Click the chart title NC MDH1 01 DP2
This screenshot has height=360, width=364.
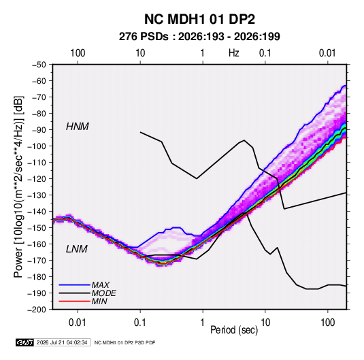199,19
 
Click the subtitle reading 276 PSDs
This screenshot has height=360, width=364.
144,37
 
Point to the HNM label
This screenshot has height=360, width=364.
78,127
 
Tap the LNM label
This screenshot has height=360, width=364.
77,249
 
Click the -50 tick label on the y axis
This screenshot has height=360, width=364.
39,65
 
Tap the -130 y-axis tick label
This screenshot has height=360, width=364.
37,195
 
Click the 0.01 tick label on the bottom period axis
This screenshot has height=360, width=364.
78,323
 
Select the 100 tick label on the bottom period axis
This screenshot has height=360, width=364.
328,323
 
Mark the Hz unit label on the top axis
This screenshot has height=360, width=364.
234,53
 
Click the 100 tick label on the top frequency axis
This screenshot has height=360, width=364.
78,53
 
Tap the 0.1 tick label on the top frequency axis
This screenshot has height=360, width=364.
265,53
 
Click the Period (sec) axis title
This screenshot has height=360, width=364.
234,330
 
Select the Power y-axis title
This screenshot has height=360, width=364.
18,186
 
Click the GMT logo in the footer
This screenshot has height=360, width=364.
25,342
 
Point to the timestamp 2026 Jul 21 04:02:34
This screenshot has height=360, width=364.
62,342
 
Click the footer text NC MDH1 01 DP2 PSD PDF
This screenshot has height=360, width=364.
125,342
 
